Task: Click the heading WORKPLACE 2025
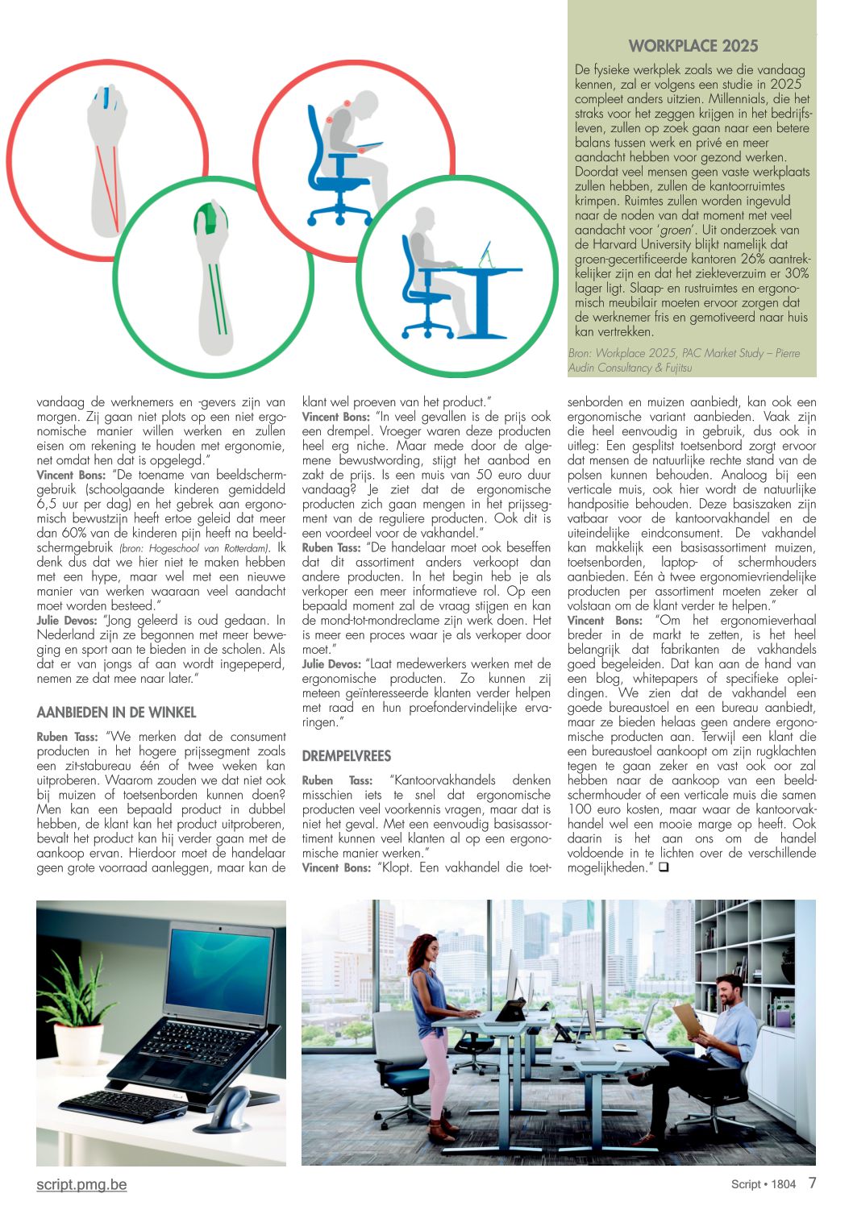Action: (x=693, y=46)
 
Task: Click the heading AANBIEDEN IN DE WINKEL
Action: (x=116, y=713)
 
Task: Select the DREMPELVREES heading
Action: (x=346, y=756)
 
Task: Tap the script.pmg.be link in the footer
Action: (x=81, y=1184)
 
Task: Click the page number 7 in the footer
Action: (x=812, y=1183)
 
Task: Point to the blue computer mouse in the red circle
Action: (x=105, y=102)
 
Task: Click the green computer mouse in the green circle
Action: (x=208, y=218)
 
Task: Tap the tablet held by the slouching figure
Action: (x=368, y=147)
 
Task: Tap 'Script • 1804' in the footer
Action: (x=763, y=1184)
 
